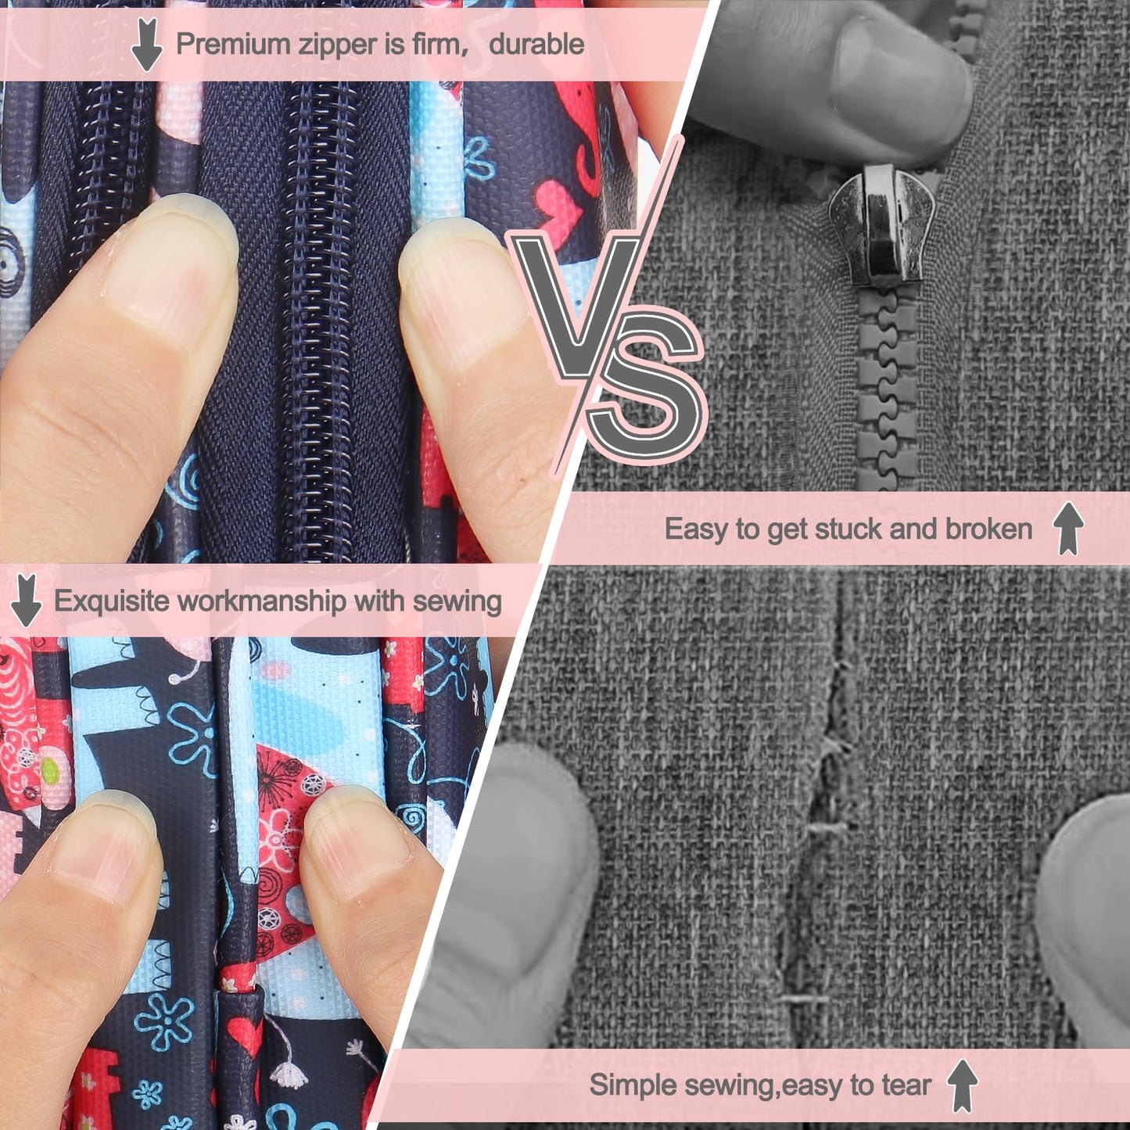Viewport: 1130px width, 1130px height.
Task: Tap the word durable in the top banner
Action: (x=536, y=45)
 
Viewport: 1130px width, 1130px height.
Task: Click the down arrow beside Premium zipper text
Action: (x=146, y=45)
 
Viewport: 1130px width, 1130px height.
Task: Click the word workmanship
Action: (x=262, y=601)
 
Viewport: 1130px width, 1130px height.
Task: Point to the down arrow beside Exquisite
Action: (x=27, y=601)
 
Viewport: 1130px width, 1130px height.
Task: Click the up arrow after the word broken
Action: (x=1068, y=529)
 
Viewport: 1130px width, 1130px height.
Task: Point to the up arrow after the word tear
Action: (x=963, y=1069)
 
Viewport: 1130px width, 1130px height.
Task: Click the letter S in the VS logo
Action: (x=646, y=387)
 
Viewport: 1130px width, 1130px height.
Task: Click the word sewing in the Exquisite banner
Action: (x=457, y=602)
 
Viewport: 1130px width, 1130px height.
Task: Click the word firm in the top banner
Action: (x=436, y=45)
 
